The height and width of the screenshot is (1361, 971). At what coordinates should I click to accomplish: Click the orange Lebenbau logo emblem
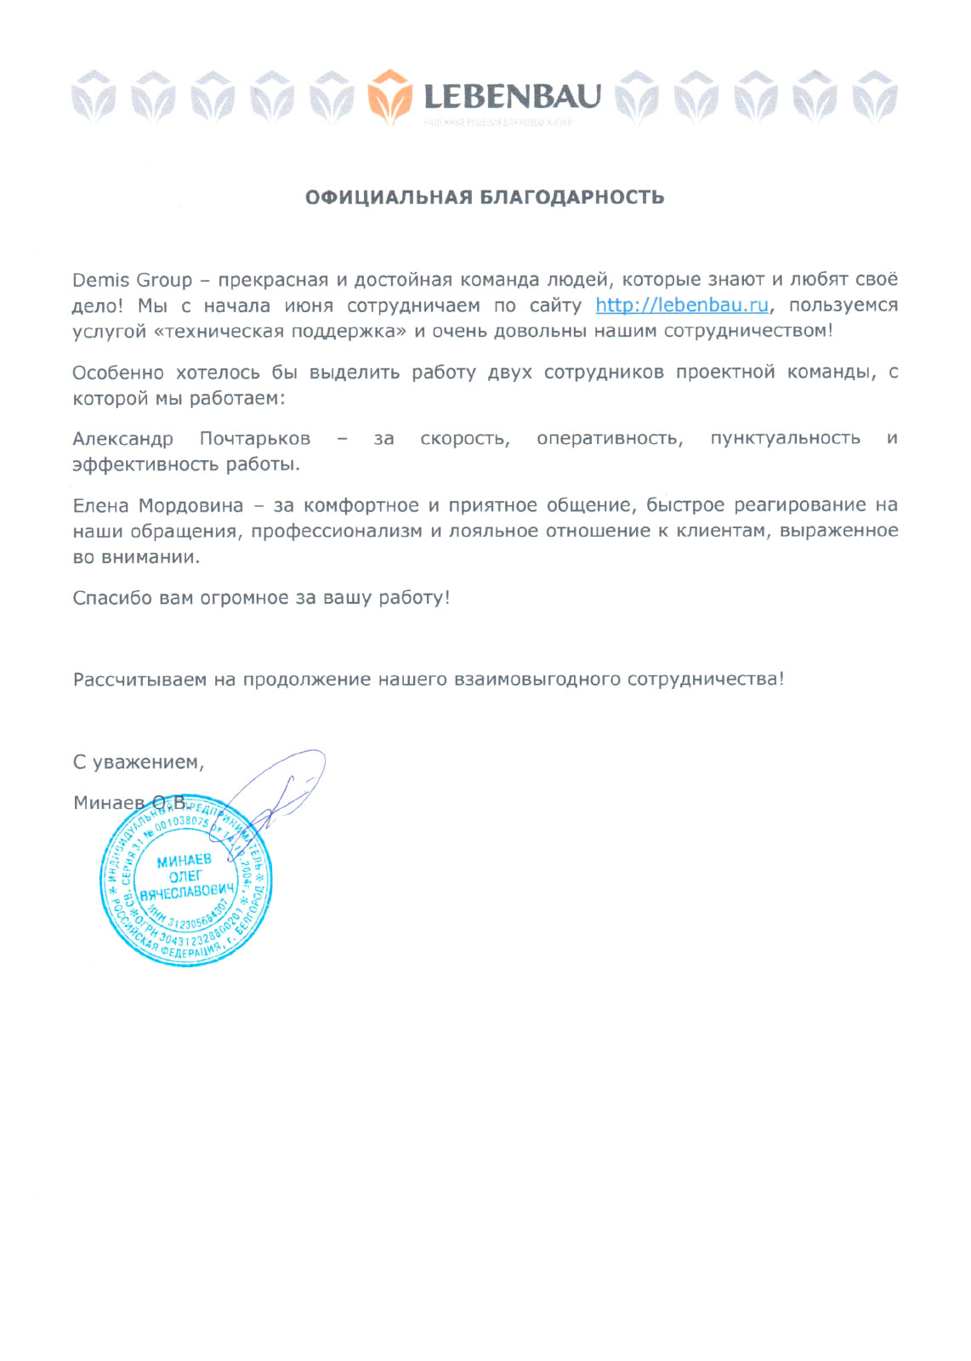[390, 96]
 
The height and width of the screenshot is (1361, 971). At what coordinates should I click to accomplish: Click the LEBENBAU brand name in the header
[512, 97]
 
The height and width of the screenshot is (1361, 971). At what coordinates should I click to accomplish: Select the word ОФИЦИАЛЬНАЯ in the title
[389, 197]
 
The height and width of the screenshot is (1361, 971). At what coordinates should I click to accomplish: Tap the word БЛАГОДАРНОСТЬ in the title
[572, 197]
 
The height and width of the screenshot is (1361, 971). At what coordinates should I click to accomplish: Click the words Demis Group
[133, 281]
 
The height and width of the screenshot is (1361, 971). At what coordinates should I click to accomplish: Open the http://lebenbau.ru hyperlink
[682, 305]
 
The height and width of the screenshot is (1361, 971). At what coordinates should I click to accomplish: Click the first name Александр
[122, 439]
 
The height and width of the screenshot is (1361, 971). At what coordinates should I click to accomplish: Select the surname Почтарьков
[255, 439]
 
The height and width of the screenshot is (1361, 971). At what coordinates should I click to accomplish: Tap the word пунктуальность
[785, 439]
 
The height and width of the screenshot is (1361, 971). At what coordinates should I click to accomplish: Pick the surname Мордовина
[190, 506]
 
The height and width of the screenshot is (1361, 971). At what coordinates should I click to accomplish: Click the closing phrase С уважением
[138, 763]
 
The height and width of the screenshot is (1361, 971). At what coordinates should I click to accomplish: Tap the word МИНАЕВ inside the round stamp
[184, 861]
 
